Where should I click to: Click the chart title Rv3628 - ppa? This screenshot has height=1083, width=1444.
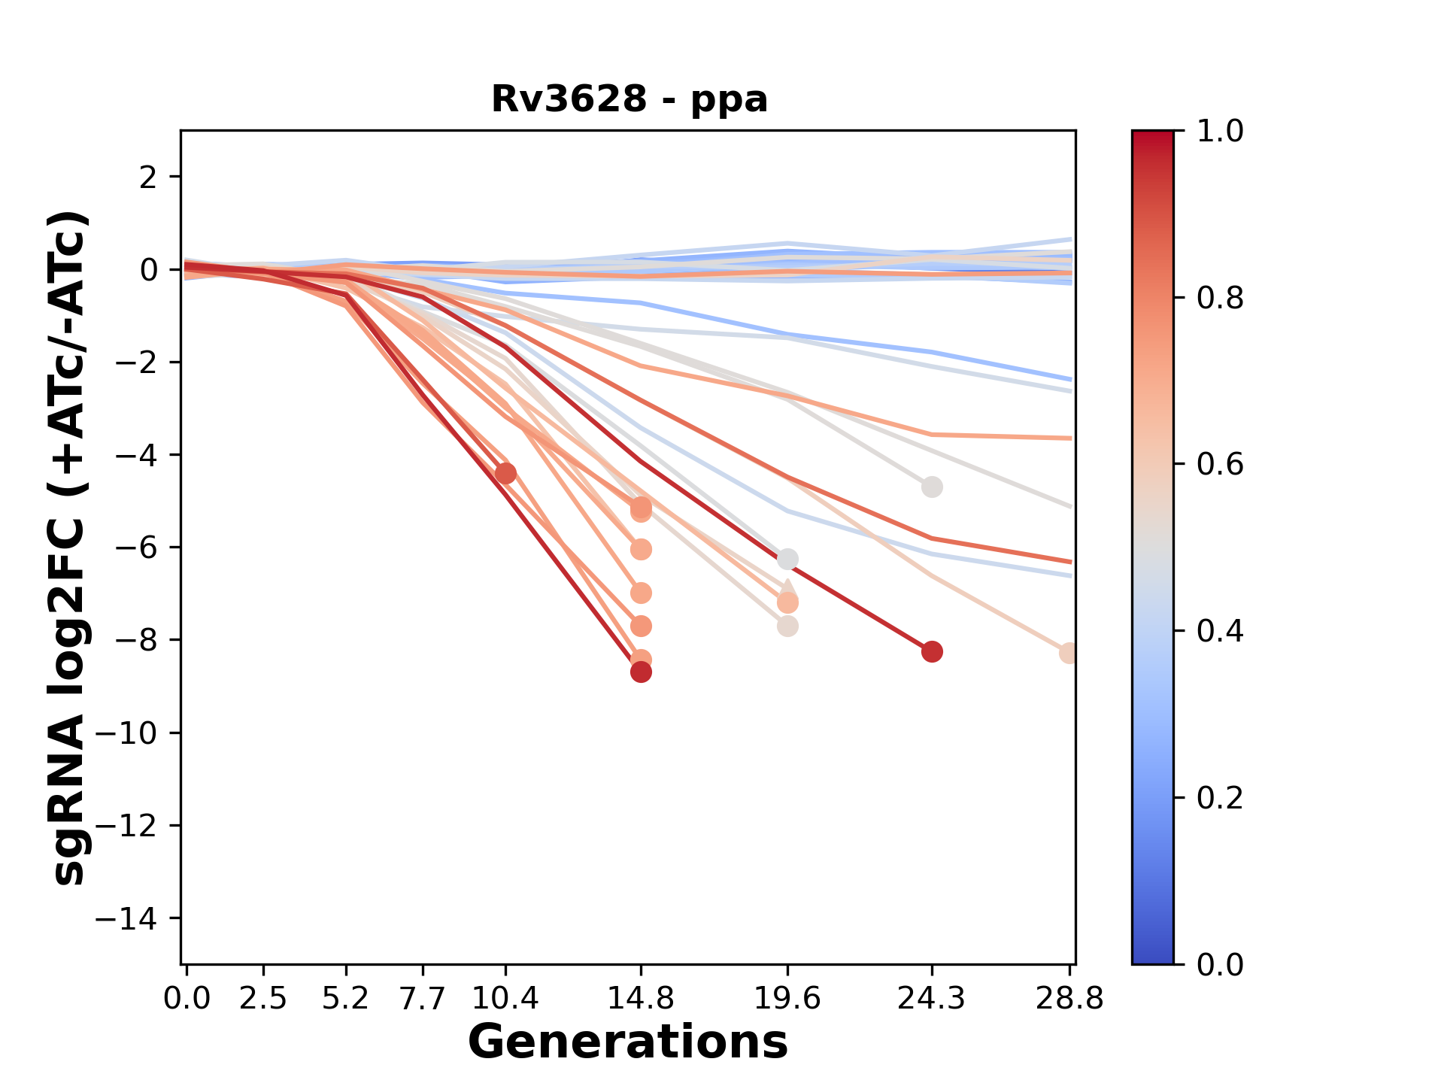click(629, 99)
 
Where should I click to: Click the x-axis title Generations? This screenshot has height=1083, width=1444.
click(627, 1042)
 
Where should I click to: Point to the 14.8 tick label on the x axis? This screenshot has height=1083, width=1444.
click(641, 999)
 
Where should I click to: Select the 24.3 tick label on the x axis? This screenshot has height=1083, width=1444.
click(931, 999)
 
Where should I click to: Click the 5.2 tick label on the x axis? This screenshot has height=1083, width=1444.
click(345, 999)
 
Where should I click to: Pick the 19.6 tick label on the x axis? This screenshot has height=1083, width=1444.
click(787, 999)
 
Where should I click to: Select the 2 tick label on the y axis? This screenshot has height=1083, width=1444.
click(149, 177)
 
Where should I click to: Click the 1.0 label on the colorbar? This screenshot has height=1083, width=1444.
click(1220, 132)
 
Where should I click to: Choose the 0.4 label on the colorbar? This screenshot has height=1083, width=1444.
click(1220, 631)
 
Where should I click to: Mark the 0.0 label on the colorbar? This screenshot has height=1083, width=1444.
click(1220, 964)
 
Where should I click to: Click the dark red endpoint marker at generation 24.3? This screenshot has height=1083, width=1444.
click(932, 651)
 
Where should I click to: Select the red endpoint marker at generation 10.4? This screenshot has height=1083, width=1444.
click(505, 473)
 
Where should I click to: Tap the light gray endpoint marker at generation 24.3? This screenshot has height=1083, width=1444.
click(932, 487)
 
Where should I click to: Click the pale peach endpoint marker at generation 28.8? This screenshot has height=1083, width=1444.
click(1069, 653)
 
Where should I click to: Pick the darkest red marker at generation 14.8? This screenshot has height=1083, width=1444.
click(641, 672)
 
